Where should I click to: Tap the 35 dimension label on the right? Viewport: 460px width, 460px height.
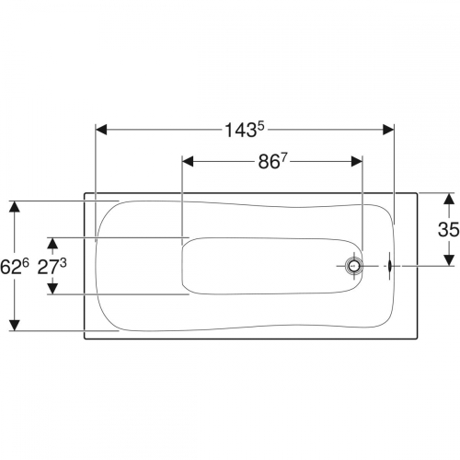coord(448,229)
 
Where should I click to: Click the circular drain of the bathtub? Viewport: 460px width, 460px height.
coord(354,266)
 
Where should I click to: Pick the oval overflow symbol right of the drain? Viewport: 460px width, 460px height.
coord(389,266)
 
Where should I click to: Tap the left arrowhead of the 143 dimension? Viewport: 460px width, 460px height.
coord(101,130)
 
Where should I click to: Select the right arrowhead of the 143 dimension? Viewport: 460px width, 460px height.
coord(388,130)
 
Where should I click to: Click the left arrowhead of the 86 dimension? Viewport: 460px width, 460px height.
coord(188,161)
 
